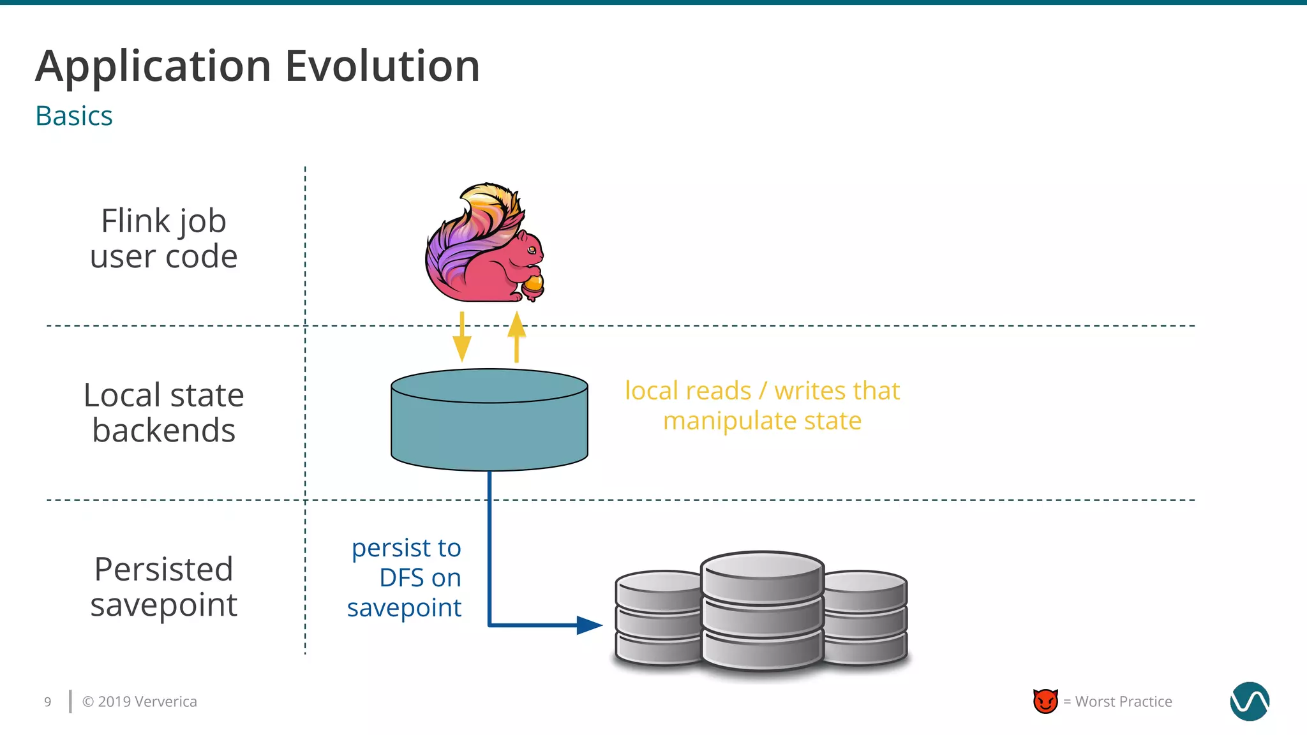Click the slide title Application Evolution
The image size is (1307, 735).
pos(257,66)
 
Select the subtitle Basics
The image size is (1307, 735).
pos(74,116)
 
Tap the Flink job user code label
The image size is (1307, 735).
pos(164,239)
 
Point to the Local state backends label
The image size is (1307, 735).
pos(164,412)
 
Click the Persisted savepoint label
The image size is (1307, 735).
pos(164,586)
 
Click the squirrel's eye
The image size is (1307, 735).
pos(531,249)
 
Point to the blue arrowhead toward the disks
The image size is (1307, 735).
pos(589,625)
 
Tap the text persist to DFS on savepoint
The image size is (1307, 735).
pos(405,577)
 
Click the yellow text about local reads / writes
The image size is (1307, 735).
pos(762,405)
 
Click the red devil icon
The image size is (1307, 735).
pos(1045,701)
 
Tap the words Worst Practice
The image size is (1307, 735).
pos(1123,702)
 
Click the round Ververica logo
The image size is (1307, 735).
pos(1249,701)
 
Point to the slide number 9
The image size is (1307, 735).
pos(48,702)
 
